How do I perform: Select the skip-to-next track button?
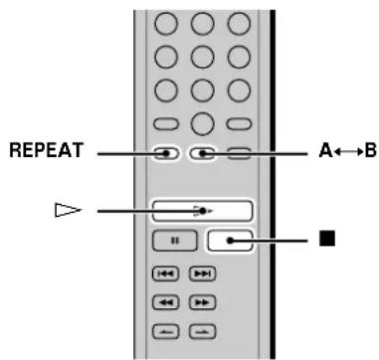click(x=200, y=271)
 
